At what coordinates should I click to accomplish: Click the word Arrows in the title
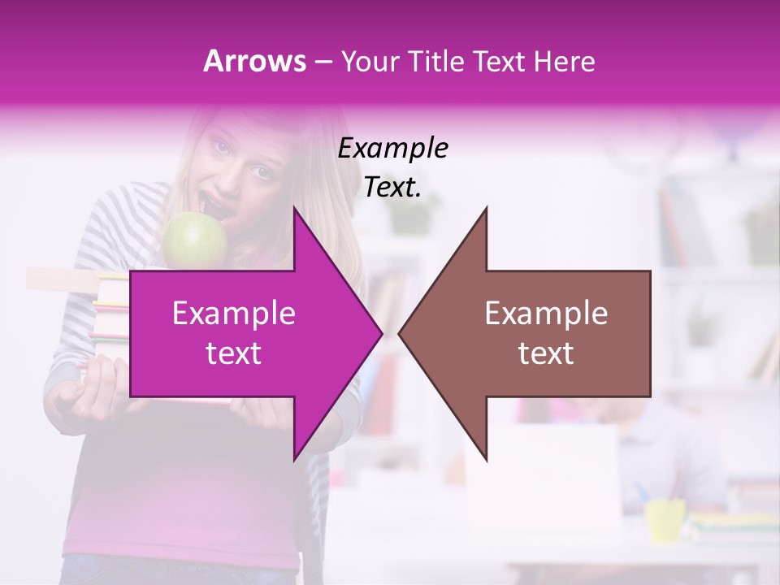(x=255, y=61)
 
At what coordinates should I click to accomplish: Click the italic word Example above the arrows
(x=392, y=149)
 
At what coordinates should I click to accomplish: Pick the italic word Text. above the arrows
(x=392, y=188)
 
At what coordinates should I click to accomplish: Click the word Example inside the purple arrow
(x=234, y=314)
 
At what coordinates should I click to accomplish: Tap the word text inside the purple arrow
(x=234, y=353)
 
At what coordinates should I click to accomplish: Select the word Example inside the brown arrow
(x=546, y=314)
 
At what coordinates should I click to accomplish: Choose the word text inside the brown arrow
(x=546, y=353)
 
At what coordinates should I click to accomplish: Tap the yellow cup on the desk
(x=665, y=520)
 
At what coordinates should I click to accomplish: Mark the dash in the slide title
(x=323, y=62)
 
